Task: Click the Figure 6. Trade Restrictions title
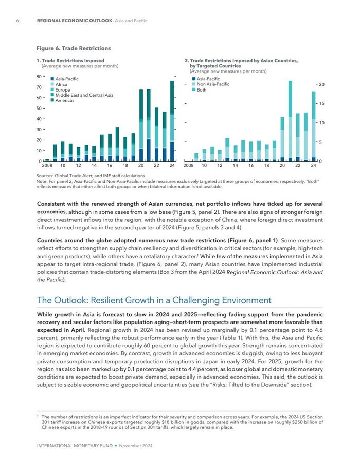(x=73, y=48)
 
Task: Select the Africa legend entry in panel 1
(x=61, y=84)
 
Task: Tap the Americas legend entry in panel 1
(x=64, y=100)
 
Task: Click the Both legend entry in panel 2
(x=201, y=90)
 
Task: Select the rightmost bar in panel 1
(x=172, y=121)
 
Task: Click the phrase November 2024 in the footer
(x=136, y=446)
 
